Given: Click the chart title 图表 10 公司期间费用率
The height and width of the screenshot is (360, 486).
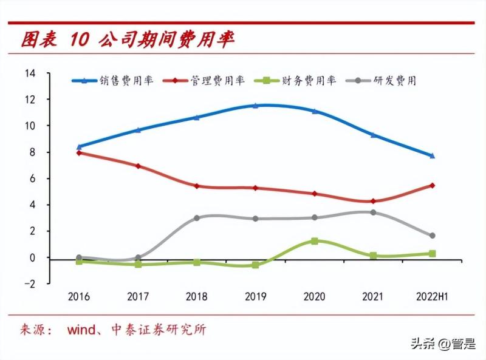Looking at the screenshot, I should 128,40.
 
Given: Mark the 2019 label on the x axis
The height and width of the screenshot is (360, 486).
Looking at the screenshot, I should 256,297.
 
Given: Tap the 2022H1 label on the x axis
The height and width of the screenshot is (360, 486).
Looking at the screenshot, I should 432,297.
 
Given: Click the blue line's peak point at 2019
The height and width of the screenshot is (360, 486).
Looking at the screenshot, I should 256,106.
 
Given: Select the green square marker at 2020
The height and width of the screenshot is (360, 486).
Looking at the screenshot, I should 315,241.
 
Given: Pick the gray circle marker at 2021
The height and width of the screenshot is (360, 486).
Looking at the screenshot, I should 373,212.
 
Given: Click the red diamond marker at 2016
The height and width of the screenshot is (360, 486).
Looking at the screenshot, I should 80,153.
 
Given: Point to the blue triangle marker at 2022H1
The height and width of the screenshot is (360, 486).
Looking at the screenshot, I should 432,156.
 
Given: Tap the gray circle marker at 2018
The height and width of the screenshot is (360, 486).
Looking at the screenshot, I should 197,218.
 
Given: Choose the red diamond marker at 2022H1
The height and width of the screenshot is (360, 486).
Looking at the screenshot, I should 432,185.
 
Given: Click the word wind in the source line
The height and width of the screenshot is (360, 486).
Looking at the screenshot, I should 81,330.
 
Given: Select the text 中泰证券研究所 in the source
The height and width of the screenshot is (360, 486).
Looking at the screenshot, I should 159,330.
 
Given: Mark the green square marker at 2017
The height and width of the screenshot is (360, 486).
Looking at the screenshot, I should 139,265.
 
